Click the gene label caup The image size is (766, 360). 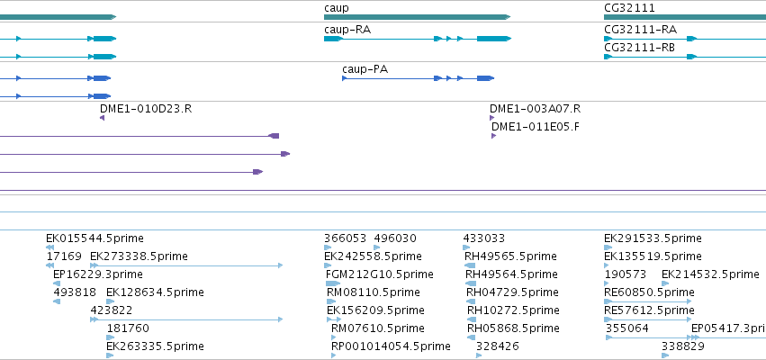coord(336,9)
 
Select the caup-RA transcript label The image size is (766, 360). coord(347,30)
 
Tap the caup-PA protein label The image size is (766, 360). coord(365,69)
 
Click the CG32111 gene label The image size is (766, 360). coord(629,8)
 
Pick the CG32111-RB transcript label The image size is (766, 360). coord(640,48)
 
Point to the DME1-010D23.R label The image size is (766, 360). coord(146,109)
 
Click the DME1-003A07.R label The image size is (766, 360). coord(535,109)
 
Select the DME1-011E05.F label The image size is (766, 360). coord(536,127)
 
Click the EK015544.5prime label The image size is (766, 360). coord(95,238)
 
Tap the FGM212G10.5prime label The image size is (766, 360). coord(379,274)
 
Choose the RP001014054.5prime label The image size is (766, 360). coord(391,346)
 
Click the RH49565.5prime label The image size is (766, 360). coord(510,256)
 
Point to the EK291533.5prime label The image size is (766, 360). coord(653,238)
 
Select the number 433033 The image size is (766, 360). coord(483,238)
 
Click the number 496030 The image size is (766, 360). coord(395,238)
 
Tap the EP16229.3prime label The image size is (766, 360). coord(98,274)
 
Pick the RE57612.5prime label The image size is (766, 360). coord(649,310)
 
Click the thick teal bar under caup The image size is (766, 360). coord(417,17)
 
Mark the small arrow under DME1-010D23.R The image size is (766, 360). coord(102,118)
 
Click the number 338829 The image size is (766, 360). coord(683,346)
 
